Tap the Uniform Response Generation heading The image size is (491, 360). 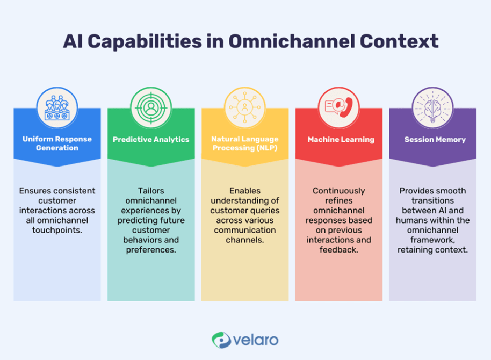tap(57, 143)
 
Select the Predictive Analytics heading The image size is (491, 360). tap(151, 139)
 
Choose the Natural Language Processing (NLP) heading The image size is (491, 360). tap(244, 143)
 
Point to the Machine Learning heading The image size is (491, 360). tap(341, 139)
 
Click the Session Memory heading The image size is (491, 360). tap(435, 139)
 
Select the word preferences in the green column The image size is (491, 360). tap(151, 250)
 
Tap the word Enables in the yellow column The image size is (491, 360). tap(244, 191)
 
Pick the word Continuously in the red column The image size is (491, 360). tap(338, 191)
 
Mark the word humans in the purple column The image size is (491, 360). tap(411, 220)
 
